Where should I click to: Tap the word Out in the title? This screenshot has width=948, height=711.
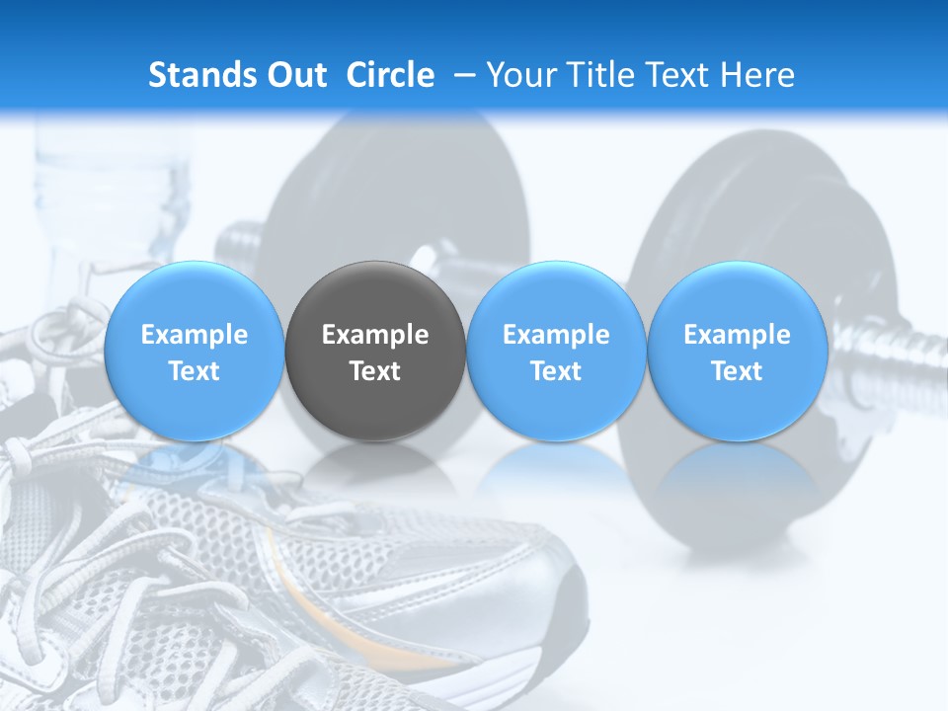294,75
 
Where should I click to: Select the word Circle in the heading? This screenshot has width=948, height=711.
390,75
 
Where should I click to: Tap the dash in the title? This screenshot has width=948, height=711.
463,75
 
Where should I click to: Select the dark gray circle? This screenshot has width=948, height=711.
375,351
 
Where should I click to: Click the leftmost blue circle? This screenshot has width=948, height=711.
194,351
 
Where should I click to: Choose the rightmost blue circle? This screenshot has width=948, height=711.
737,351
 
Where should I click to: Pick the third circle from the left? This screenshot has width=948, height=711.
556,351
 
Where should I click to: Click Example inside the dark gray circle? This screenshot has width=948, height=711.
375,335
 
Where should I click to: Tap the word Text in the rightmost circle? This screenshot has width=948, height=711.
737,371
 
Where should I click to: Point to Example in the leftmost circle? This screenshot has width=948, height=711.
194,335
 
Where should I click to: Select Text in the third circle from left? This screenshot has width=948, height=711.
556,371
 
